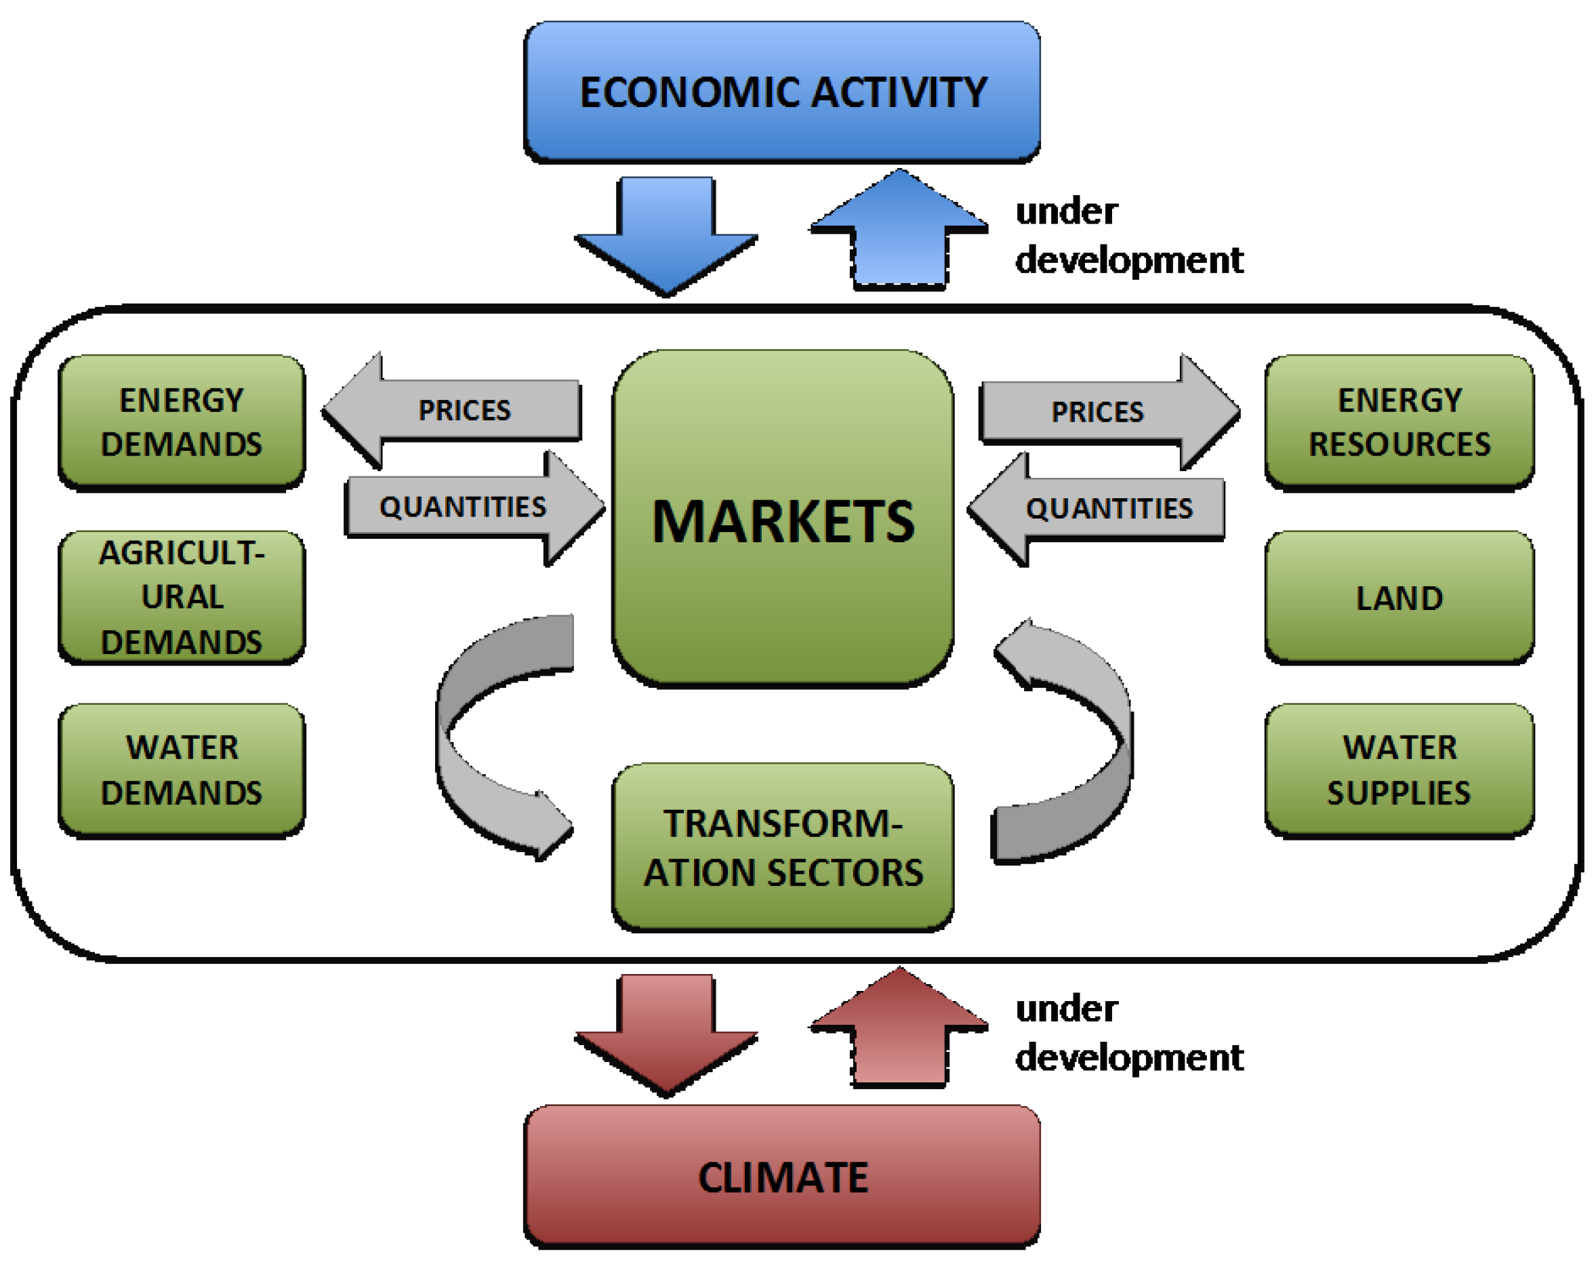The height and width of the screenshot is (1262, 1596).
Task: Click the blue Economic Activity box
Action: point(782,91)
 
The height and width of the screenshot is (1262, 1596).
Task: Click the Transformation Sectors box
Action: point(782,847)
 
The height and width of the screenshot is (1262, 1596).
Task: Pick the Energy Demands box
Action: point(182,422)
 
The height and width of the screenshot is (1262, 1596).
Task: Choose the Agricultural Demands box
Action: point(182,597)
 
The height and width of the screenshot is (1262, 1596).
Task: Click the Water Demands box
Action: point(182,770)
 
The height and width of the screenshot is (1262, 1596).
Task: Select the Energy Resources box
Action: point(1399,422)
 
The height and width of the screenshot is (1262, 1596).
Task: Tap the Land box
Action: point(1399,597)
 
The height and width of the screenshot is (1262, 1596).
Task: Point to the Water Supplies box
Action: point(1399,770)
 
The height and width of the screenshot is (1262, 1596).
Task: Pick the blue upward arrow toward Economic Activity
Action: point(899,229)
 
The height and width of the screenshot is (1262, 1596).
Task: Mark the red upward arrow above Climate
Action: point(899,1029)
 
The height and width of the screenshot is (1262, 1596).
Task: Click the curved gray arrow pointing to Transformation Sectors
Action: point(473,746)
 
